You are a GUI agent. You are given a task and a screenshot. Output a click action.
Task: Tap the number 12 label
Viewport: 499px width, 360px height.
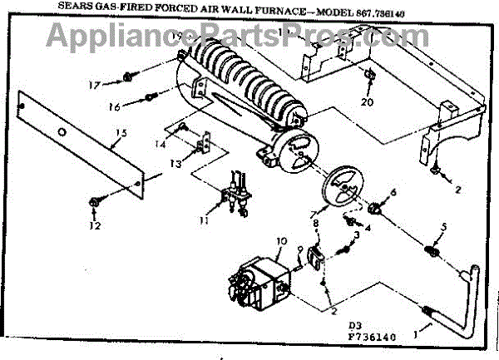[95, 225]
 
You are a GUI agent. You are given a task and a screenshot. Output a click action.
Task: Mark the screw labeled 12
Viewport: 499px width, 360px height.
[92, 201]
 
